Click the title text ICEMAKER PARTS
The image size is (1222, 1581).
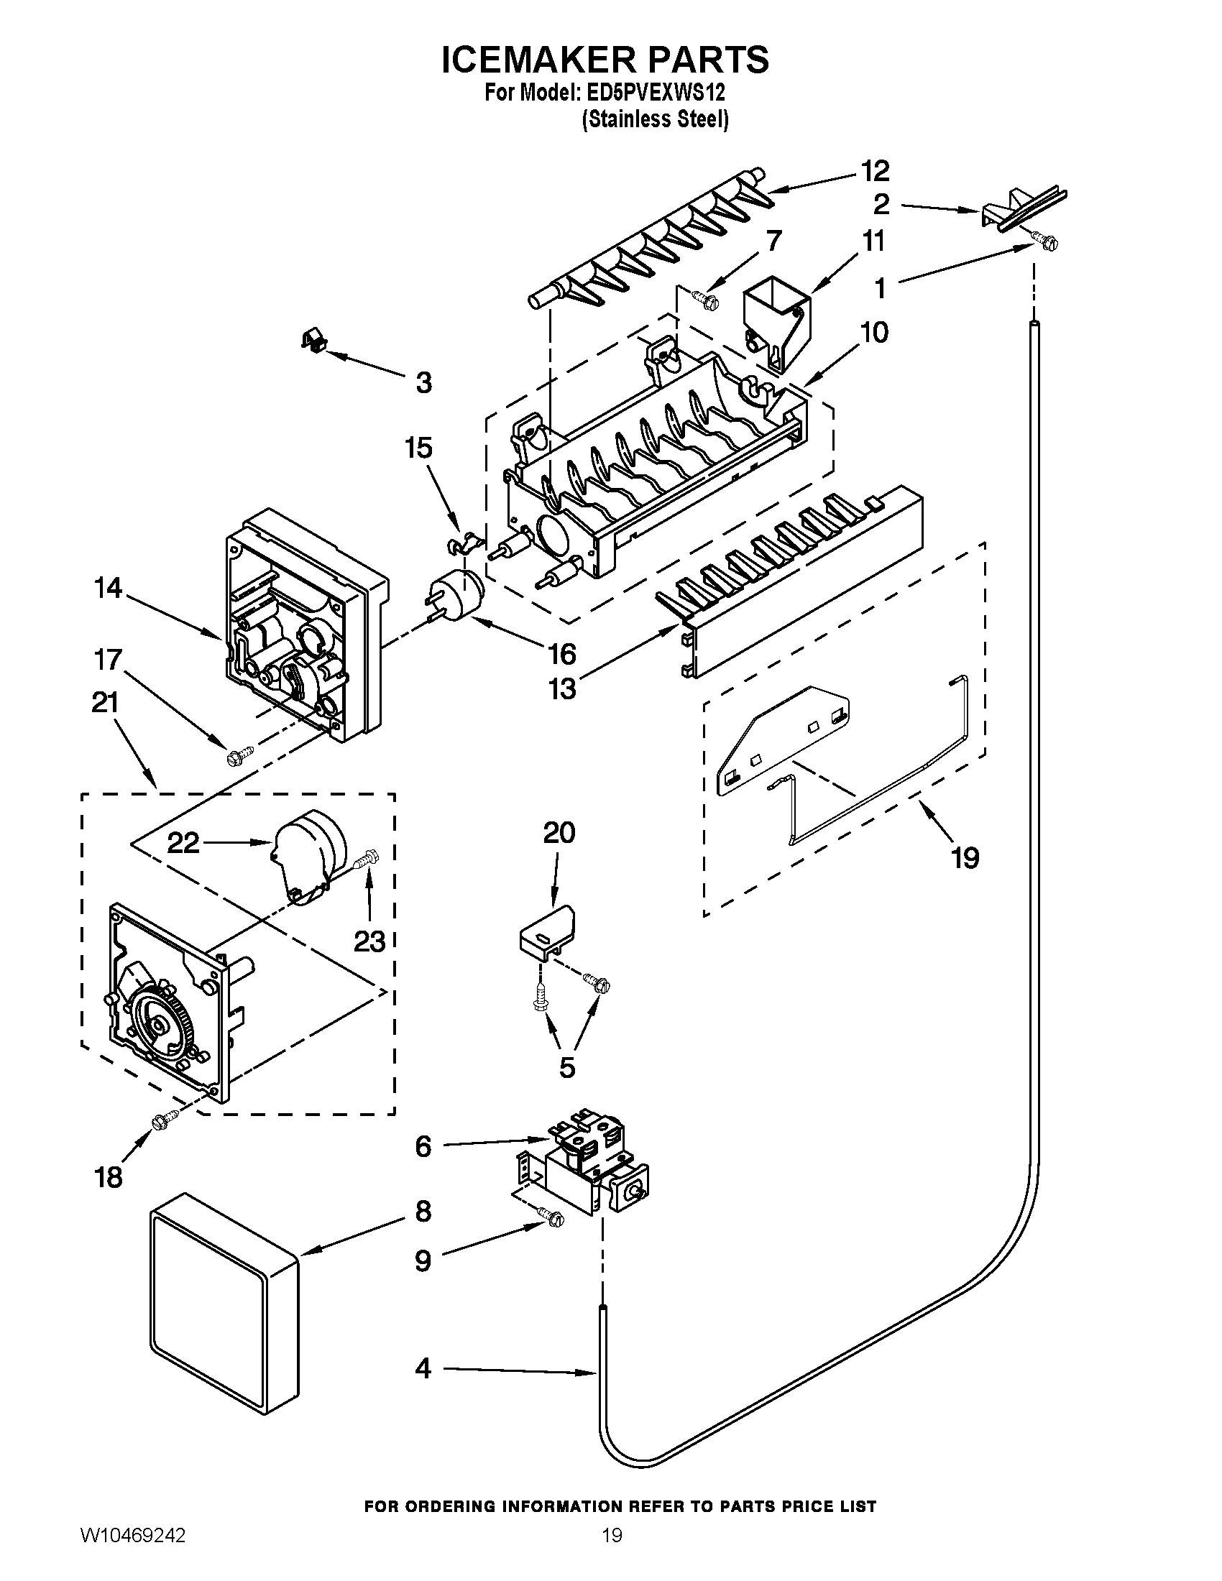tap(605, 60)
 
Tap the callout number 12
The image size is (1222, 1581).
tap(874, 171)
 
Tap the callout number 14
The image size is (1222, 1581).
tap(108, 588)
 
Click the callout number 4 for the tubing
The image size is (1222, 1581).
tap(423, 1369)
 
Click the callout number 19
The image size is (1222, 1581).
tap(965, 859)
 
